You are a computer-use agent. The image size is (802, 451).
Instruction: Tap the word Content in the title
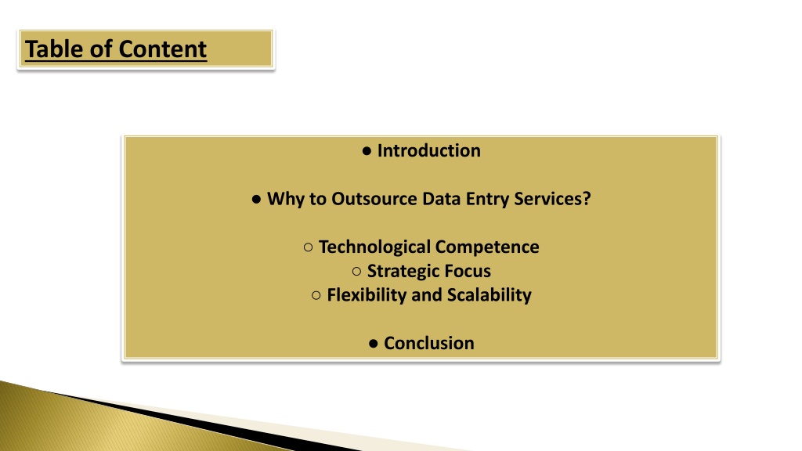[x=163, y=49]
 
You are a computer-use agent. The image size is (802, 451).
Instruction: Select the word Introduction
[x=428, y=151]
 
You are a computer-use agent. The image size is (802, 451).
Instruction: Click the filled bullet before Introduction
[x=367, y=151]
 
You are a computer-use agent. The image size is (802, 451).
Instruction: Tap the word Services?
[x=552, y=199]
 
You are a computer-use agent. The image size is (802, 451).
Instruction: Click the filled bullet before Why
[x=257, y=200]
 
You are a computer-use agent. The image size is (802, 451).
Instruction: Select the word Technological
[x=374, y=247]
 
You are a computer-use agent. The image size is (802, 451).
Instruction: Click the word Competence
[x=487, y=247]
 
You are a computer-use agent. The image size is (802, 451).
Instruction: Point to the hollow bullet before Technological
[x=308, y=247]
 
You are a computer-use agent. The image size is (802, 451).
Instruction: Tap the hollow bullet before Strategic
[x=356, y=272]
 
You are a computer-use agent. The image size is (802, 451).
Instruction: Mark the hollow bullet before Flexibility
[x=316, y=295]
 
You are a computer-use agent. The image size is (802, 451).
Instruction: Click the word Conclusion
[x=429, y=343]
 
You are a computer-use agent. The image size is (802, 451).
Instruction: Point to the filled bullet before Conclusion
[x=374, y=344]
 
